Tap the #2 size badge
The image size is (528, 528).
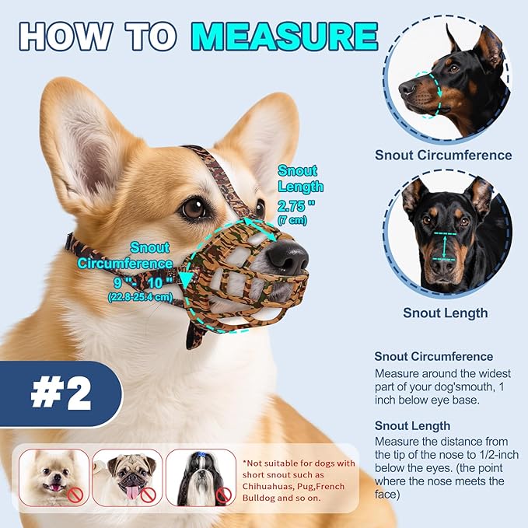pyautogui.click(x=61, y=394)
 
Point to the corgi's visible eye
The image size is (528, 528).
pyautogui.click(x=194, y=208)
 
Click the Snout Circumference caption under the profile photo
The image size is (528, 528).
pyautogui.click(x=443, y=155)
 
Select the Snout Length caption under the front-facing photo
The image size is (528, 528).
pyautogui.click(x=445, y=313)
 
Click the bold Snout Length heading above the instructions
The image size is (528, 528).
pyautogui.click(x=412, y=425)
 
